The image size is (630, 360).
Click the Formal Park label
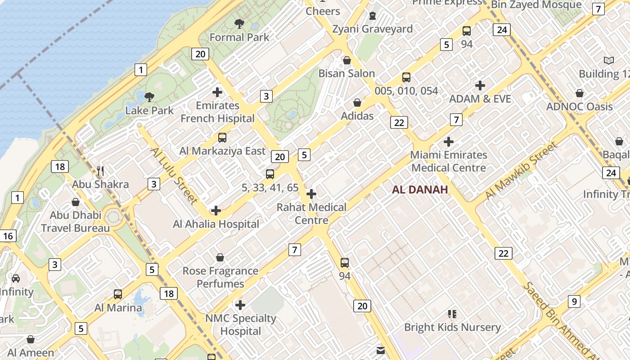point(239,37)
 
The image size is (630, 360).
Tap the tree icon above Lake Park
point(149,97)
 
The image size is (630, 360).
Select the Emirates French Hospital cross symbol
point(217,92)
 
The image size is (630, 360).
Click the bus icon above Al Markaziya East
point(222,138)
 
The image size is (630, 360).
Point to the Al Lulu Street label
point(174,175)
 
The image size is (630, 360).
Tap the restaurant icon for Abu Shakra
point(100,171)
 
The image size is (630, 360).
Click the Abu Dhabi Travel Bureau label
point(75,221)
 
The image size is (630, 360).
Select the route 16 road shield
point(8,235)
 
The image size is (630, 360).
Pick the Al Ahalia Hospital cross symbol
point(216,210)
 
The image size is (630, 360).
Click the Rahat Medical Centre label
point(311,213)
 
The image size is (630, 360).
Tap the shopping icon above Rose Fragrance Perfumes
point(220,257)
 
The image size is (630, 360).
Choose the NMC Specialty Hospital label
point(240,324)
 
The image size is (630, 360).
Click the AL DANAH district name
point(420,189)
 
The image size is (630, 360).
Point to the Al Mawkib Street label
point(521,171)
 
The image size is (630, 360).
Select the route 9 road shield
point(574,301)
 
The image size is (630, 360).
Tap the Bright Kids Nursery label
point(452,327)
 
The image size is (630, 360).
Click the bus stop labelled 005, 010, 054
point(406,77)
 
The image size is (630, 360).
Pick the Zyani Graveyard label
point(372,29)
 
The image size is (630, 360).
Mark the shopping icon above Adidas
point(357,103)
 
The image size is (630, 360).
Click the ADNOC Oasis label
point(579,107)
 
